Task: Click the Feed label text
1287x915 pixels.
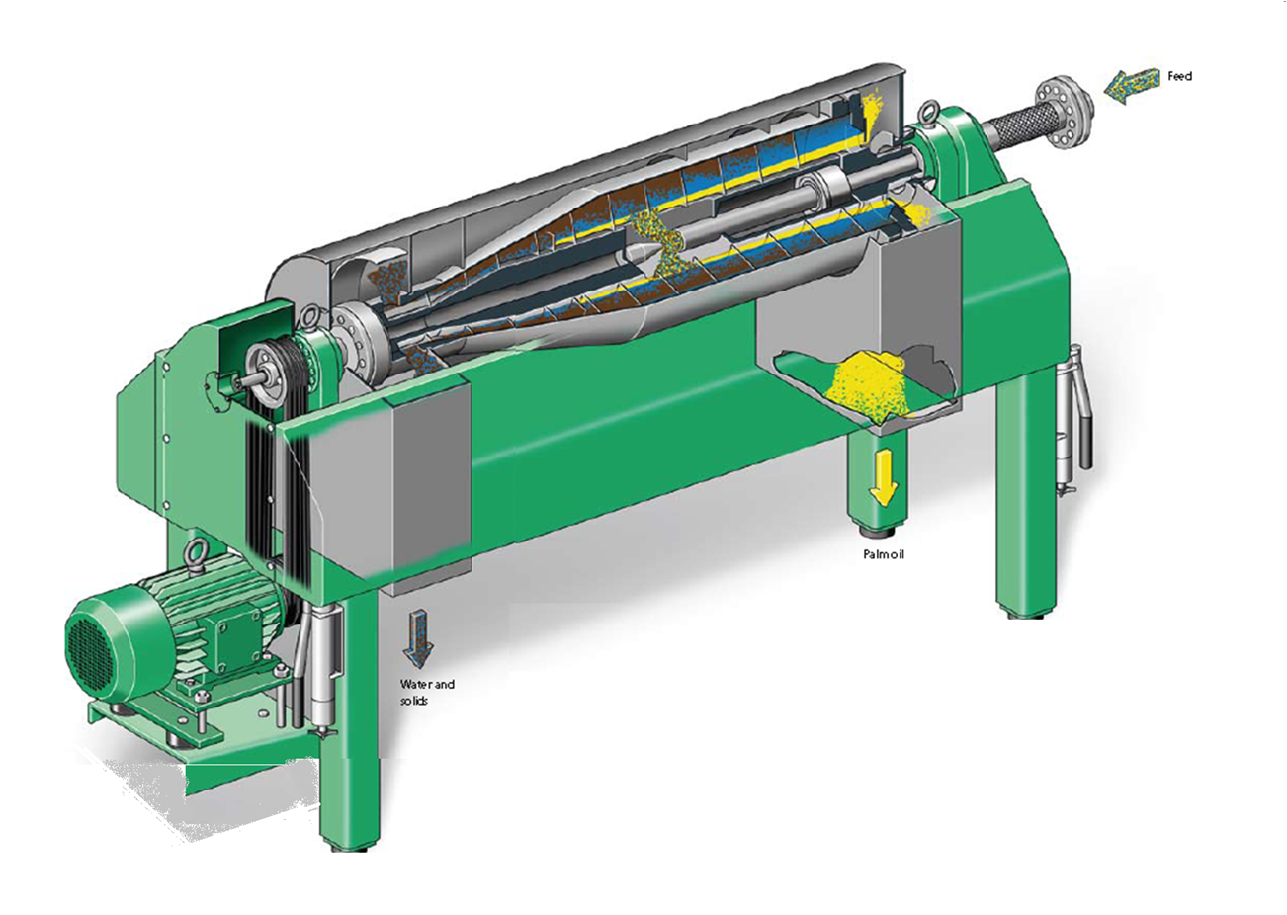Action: pyautogui.click(x=1179, y=76)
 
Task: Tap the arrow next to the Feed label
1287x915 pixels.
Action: pyautogui.click(x=1131, y=86)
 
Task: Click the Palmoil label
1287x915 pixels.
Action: pyautogui.click(x=884, y=555)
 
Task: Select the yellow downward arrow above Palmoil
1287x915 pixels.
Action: pyautogui.click(x=883, y=479)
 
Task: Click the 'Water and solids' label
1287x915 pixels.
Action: pyautogui.click(x=427, y=692)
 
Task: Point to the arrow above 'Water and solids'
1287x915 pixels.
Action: pyautogui.click(x=418, y=638)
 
